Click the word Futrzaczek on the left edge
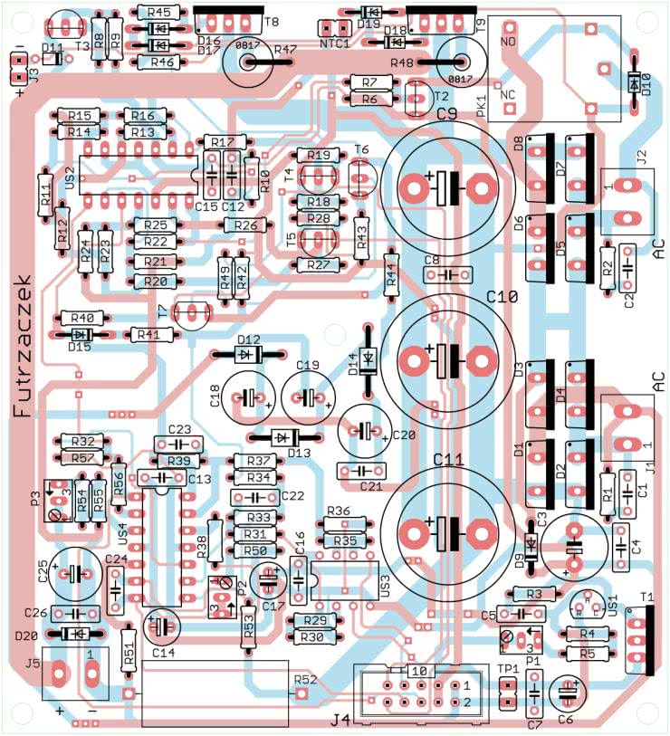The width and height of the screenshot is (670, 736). tap(23, 347)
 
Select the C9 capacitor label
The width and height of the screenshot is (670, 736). tap(446, 114)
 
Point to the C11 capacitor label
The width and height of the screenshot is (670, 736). tap(448, 459)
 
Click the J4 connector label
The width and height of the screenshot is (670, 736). tap(340, 721)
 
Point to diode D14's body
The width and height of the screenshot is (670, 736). tap(368, 360)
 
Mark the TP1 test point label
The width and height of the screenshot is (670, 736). tap(507, 669)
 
